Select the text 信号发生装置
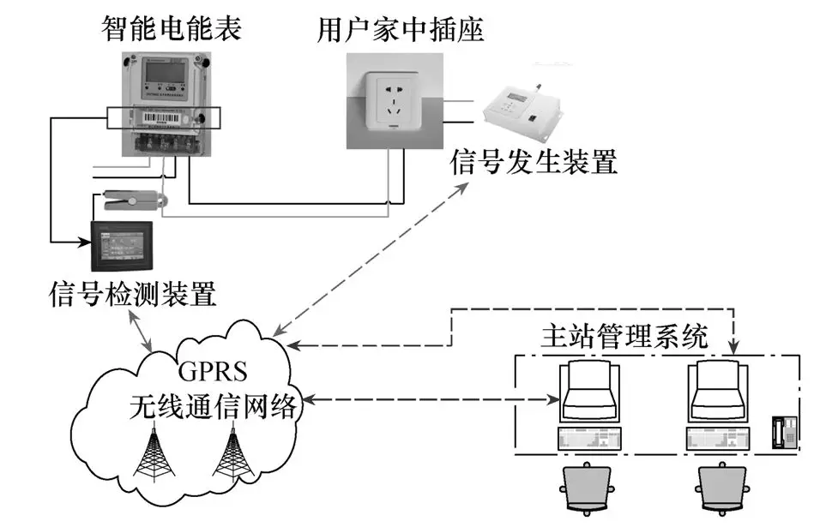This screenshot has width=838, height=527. coord(533,161)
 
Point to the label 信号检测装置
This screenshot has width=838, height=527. coord(132,296)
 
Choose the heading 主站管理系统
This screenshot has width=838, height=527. coord(625,335)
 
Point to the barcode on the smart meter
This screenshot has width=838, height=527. coord(154,117)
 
